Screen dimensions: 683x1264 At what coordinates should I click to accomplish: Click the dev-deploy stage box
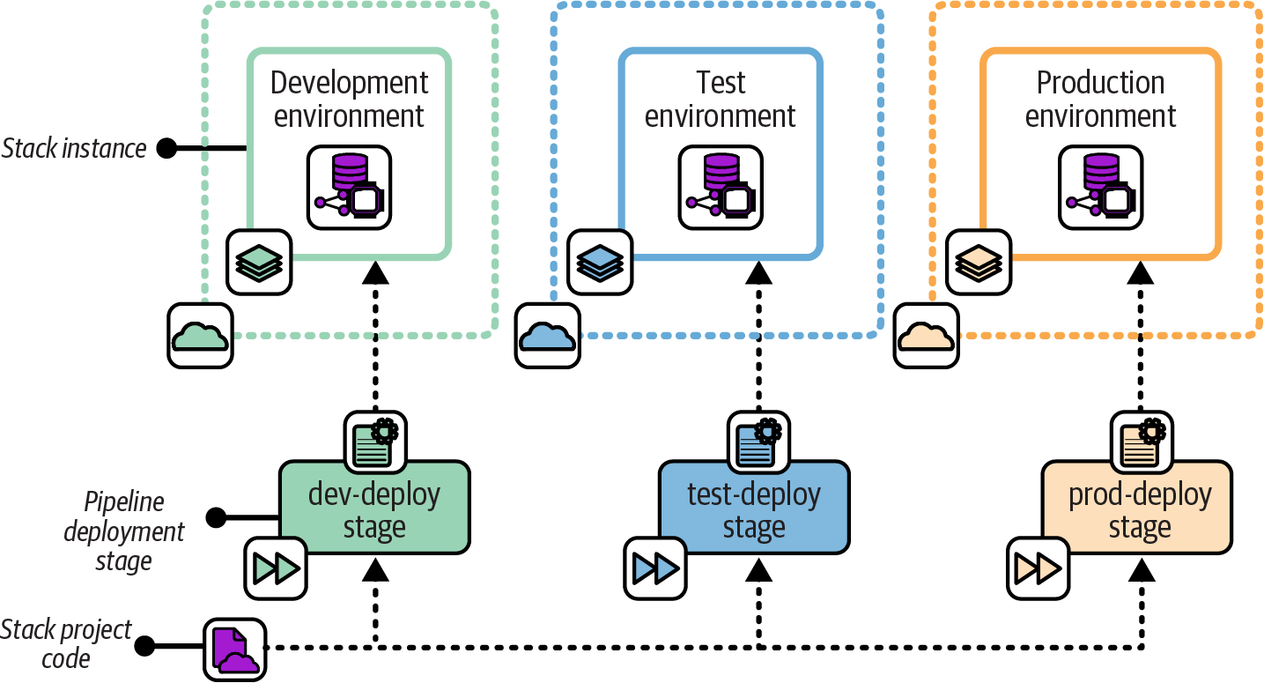tap(374, 509)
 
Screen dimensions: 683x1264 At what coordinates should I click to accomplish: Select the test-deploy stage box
tap(754, 509)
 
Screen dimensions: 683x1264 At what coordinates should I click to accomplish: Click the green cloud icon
tap(201, 336)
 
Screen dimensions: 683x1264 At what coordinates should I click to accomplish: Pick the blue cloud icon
tap(548, 336)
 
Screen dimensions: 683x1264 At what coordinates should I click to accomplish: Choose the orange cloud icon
tap(927, 336)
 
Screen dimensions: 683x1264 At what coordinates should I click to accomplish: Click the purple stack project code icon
tap(235, 650)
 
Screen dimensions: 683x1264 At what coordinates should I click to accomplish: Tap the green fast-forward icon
tap(276, 567)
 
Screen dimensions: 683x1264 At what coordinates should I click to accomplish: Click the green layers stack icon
tap(260, 262)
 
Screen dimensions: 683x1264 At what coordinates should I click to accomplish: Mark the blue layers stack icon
tap(600, 262)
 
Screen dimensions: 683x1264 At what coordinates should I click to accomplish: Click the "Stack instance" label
tap(74, 149)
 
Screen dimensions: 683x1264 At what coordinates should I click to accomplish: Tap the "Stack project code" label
tap(66, 644)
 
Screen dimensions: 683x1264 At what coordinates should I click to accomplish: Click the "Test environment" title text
tap(721, 100)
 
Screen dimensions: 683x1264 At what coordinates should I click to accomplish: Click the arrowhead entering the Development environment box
tap(376, 273)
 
